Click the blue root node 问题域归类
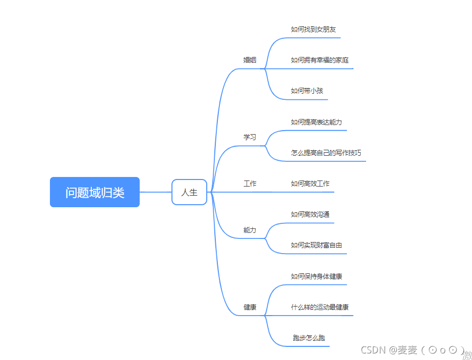pyautogui.click(x=94, y=192)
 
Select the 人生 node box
pyautogui.click(x=189, y=192)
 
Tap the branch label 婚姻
pyautogui.click(x=250, y=60)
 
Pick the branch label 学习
pyautogui.click(x=250, y=137)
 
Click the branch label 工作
pyautogui.click(x=250, y=184)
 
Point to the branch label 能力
pyautogui.click(x=250, y=230)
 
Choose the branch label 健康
pyautogui.click(x=250, y=307)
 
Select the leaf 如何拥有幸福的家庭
pyautogui.click(x=320, y=60)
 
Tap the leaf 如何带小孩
pyautogui.click(x=307, y=91)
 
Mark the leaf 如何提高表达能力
pyautogui.click(x=317, y=122)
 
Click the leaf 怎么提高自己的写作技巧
pyautogui.click(x=326, y=153)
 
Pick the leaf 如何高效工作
pyautogui.click(x=310, y=184)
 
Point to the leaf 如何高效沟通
pyautogui.click(x=310, y=215)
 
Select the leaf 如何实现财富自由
pyautogui.click(x=317, y=246)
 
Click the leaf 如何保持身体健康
pyautogui.click(x=317, y=276)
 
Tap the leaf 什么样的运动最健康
pyautogui.click(x=320, y=307)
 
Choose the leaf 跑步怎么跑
pyautogui.click(x=309, y=338)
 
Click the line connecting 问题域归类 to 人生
pyautogui.click(x=155, y=192)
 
